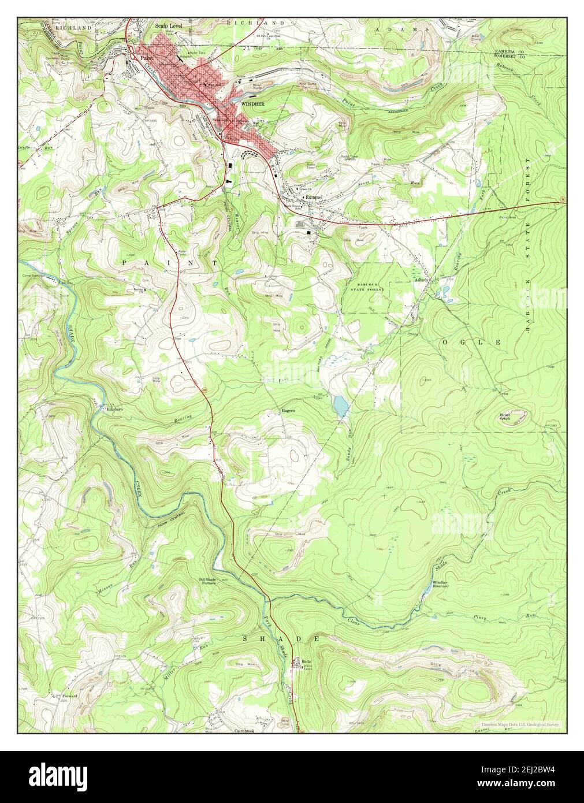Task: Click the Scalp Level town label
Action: point(168,27)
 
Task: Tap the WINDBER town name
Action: point(252,105)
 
